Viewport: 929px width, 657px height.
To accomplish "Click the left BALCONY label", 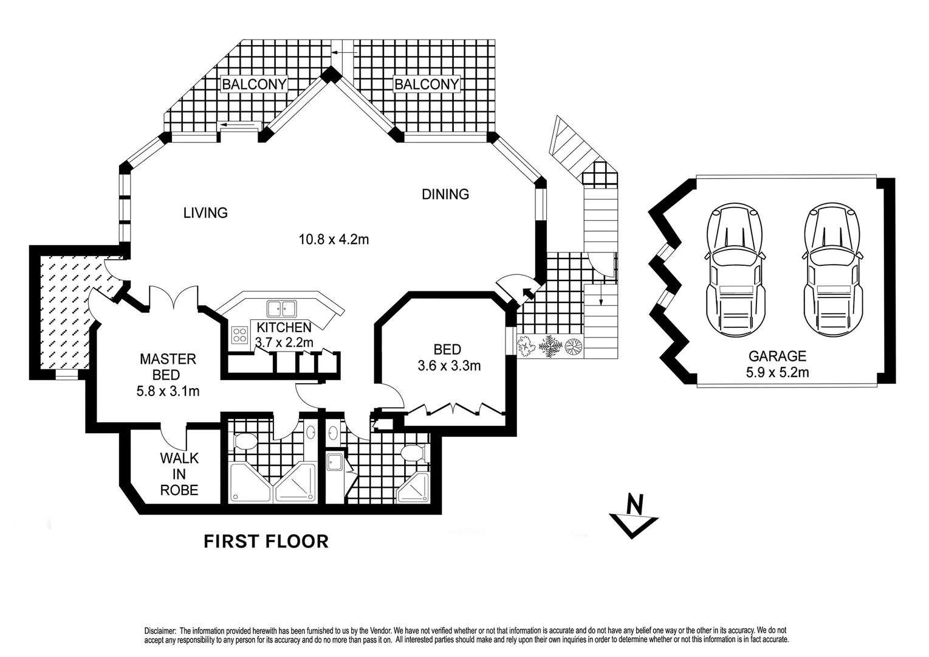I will [x=253, y=84].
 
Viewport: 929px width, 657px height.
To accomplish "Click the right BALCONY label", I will [x=427, y=84].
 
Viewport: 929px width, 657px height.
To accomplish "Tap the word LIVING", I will [x=205, y=213].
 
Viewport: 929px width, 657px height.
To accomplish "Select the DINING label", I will [x=445, y=194].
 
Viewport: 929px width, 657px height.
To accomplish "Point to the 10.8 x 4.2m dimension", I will [x=334, y=239].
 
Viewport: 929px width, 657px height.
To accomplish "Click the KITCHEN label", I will [x=284, y=328].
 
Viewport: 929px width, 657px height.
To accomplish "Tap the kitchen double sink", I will [x=281, y=308].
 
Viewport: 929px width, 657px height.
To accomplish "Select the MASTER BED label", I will [x=168, y=367].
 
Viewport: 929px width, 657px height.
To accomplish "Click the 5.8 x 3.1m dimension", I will [x=168, y=391].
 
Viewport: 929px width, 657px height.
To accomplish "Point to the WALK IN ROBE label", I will [x=179, y=474].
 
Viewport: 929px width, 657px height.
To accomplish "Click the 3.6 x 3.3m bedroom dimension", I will [x=449, y=366].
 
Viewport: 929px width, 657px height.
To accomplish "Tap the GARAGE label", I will [x=777, y=356].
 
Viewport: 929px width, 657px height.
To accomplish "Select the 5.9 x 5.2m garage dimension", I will [x=777, y=372].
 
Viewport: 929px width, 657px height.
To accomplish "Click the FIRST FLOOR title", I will [x=266, y=541].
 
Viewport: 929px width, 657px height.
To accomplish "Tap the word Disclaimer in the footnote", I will [x=160, y=631].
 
